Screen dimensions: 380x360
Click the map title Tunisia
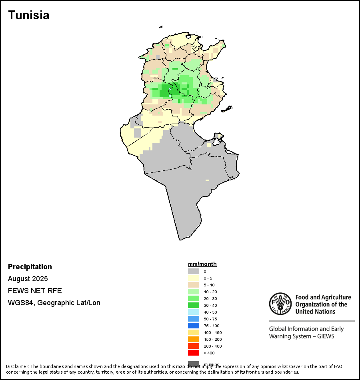(29, 15)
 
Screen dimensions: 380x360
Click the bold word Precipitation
(30, 267)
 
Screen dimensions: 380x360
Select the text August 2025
(28, 279)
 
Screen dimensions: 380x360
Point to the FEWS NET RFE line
(35, 291)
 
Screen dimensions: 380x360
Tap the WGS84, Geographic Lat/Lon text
(54, 303)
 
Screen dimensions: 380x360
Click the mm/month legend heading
(202, 264)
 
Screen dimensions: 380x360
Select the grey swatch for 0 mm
(194, 271)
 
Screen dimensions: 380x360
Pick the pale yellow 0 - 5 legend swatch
(194, 278)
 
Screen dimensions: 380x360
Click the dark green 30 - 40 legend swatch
(194, 305)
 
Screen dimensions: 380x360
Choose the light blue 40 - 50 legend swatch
(194, 312)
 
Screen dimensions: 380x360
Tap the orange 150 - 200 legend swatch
(194, 339)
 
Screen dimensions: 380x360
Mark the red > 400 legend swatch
(194, 353)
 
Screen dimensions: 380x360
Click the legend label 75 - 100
(211, 326)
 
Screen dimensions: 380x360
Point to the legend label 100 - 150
(212, 332)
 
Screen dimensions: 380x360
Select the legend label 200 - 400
(212, 346)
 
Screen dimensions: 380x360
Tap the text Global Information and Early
(306, 329)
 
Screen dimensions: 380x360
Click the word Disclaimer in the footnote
(17, 366)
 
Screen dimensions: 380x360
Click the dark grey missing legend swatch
(194, 363)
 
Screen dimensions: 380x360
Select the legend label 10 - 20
(210, 292)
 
